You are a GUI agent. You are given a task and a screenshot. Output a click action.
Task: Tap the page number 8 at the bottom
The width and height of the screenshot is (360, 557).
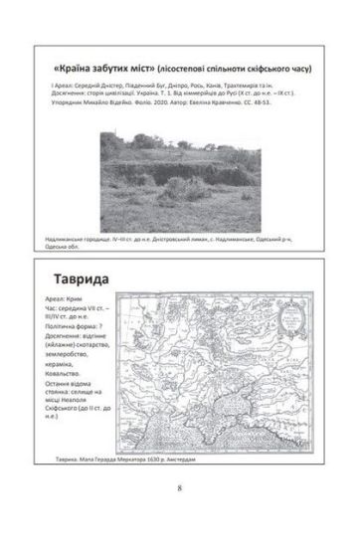pos(179,515)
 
